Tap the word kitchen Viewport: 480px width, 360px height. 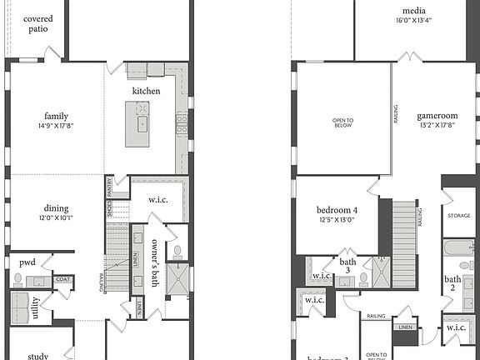[146, 91]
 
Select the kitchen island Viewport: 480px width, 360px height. [137, 124]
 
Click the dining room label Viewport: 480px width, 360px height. [56, 209]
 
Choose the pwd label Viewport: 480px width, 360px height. [27, 262]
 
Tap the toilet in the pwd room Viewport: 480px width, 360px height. [17, 279]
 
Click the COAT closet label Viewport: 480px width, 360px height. [62, 280]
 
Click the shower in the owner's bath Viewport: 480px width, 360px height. [177, 279]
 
